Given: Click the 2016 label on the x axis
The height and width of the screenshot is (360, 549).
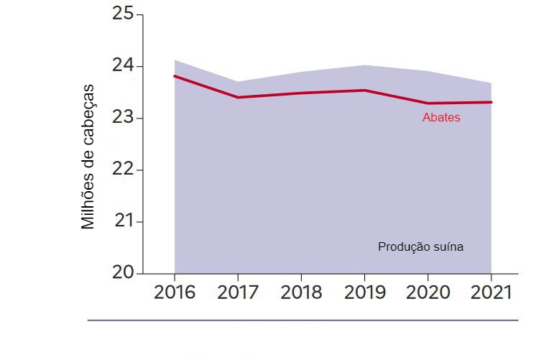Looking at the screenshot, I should point(175,293).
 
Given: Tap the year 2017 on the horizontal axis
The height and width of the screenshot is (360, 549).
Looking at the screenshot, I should point(238,293).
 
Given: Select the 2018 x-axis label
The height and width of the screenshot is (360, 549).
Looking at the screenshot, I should point(301,293).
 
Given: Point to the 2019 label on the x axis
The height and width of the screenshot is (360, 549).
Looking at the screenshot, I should point(364,293).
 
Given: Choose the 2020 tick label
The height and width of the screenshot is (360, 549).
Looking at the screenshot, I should point(428,293).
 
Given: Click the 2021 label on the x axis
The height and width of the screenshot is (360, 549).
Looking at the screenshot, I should point(490,293).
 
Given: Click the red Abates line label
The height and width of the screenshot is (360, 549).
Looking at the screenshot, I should point(441,118).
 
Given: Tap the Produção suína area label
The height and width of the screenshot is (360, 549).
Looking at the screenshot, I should point(420,246).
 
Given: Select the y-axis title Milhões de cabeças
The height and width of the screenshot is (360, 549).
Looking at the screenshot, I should point(88,157).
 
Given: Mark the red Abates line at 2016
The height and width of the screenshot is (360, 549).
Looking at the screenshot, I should point(175,76).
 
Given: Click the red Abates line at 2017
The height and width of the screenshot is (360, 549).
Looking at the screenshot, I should point(238,97).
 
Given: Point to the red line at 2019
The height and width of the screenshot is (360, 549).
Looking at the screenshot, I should point(364,91).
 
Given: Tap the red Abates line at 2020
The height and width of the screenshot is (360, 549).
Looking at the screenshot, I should point(428,103).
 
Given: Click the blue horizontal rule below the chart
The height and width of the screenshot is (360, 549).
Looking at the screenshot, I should point(302,320).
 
